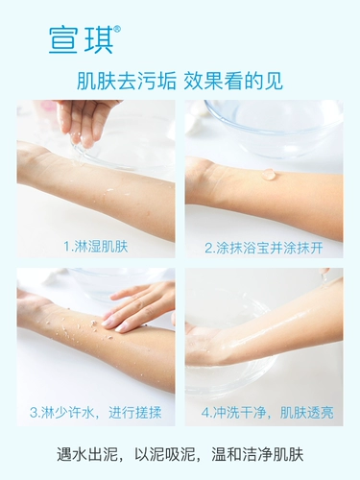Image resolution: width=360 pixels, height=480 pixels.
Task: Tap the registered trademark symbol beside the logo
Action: coord(117,29)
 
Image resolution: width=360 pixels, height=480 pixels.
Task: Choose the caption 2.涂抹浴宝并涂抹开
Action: coord(263,246)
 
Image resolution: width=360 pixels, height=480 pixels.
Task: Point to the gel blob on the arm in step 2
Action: coord(270,175)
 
